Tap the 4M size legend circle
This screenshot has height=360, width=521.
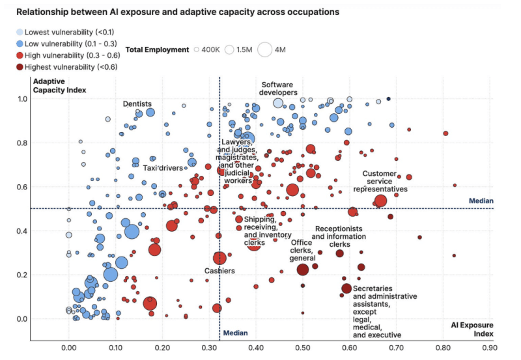266,49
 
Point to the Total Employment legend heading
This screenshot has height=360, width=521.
154,49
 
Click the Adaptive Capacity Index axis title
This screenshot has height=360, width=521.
59,85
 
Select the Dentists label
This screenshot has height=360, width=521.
137,104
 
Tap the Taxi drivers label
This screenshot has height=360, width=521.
163,168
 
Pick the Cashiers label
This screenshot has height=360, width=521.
219,271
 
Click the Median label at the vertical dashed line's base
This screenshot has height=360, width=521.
236,333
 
